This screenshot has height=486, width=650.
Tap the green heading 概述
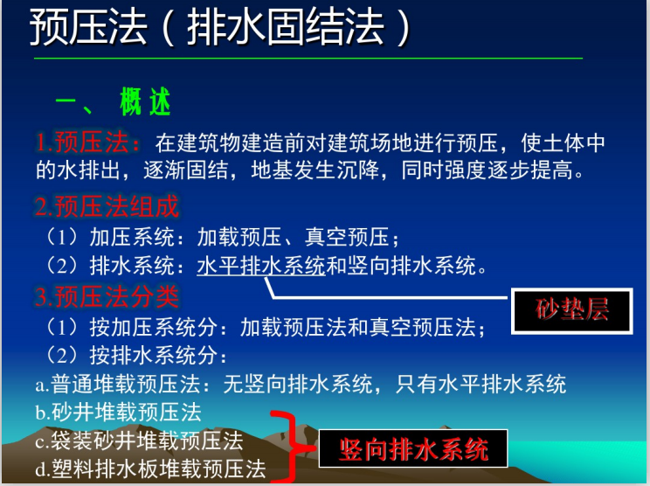coord(145,102)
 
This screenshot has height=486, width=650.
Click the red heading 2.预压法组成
coord(107,207)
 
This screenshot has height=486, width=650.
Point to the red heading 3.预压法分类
coord(107,297)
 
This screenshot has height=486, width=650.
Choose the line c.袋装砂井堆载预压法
coord(139,440)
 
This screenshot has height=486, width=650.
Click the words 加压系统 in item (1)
coord(135,236)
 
